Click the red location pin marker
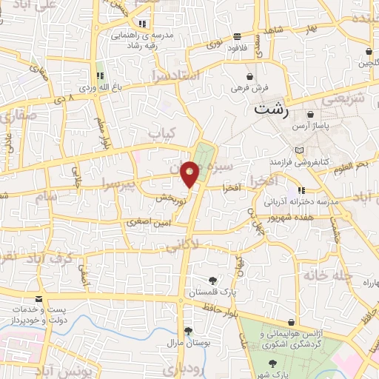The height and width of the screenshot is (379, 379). pos(190,174)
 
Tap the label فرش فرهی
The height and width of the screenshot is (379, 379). pos(249,88)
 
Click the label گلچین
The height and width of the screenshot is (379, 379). pos(369,64)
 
